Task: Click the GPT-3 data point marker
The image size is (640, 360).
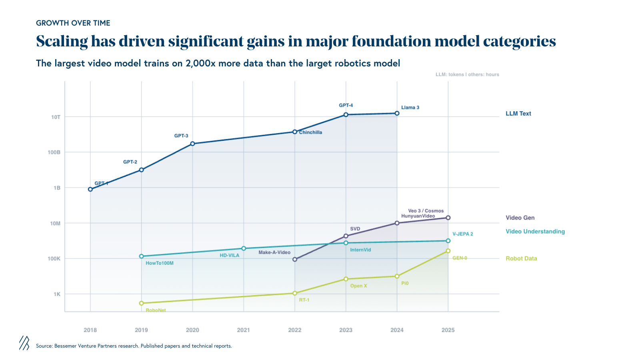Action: [192, 144]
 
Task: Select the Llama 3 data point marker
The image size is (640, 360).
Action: [397, 113]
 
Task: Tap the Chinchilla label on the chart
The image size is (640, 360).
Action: [310, 132]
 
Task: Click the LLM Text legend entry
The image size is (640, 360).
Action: [518, 114]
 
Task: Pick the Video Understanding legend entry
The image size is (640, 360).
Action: [535, 232]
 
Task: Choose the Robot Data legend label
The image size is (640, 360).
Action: [521, 258]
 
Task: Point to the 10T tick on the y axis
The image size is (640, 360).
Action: [56, 117]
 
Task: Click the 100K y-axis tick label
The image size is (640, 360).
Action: [54, 259]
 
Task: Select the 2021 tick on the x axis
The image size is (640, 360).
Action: [243, 330]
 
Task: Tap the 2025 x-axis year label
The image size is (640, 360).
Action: [448, 330]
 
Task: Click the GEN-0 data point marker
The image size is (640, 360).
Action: [448, 251]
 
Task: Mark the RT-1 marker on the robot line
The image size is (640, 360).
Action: [295, 293]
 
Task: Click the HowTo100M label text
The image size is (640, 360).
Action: [160, 263]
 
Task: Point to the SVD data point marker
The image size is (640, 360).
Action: [346, 236]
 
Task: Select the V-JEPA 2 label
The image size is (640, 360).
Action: [462, 234]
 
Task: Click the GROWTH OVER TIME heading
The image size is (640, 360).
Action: [73, 23]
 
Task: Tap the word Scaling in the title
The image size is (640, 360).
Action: [62, 42]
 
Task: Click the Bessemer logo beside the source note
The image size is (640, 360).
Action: [24, 343]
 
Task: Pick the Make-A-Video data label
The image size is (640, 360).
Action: [274, 252]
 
